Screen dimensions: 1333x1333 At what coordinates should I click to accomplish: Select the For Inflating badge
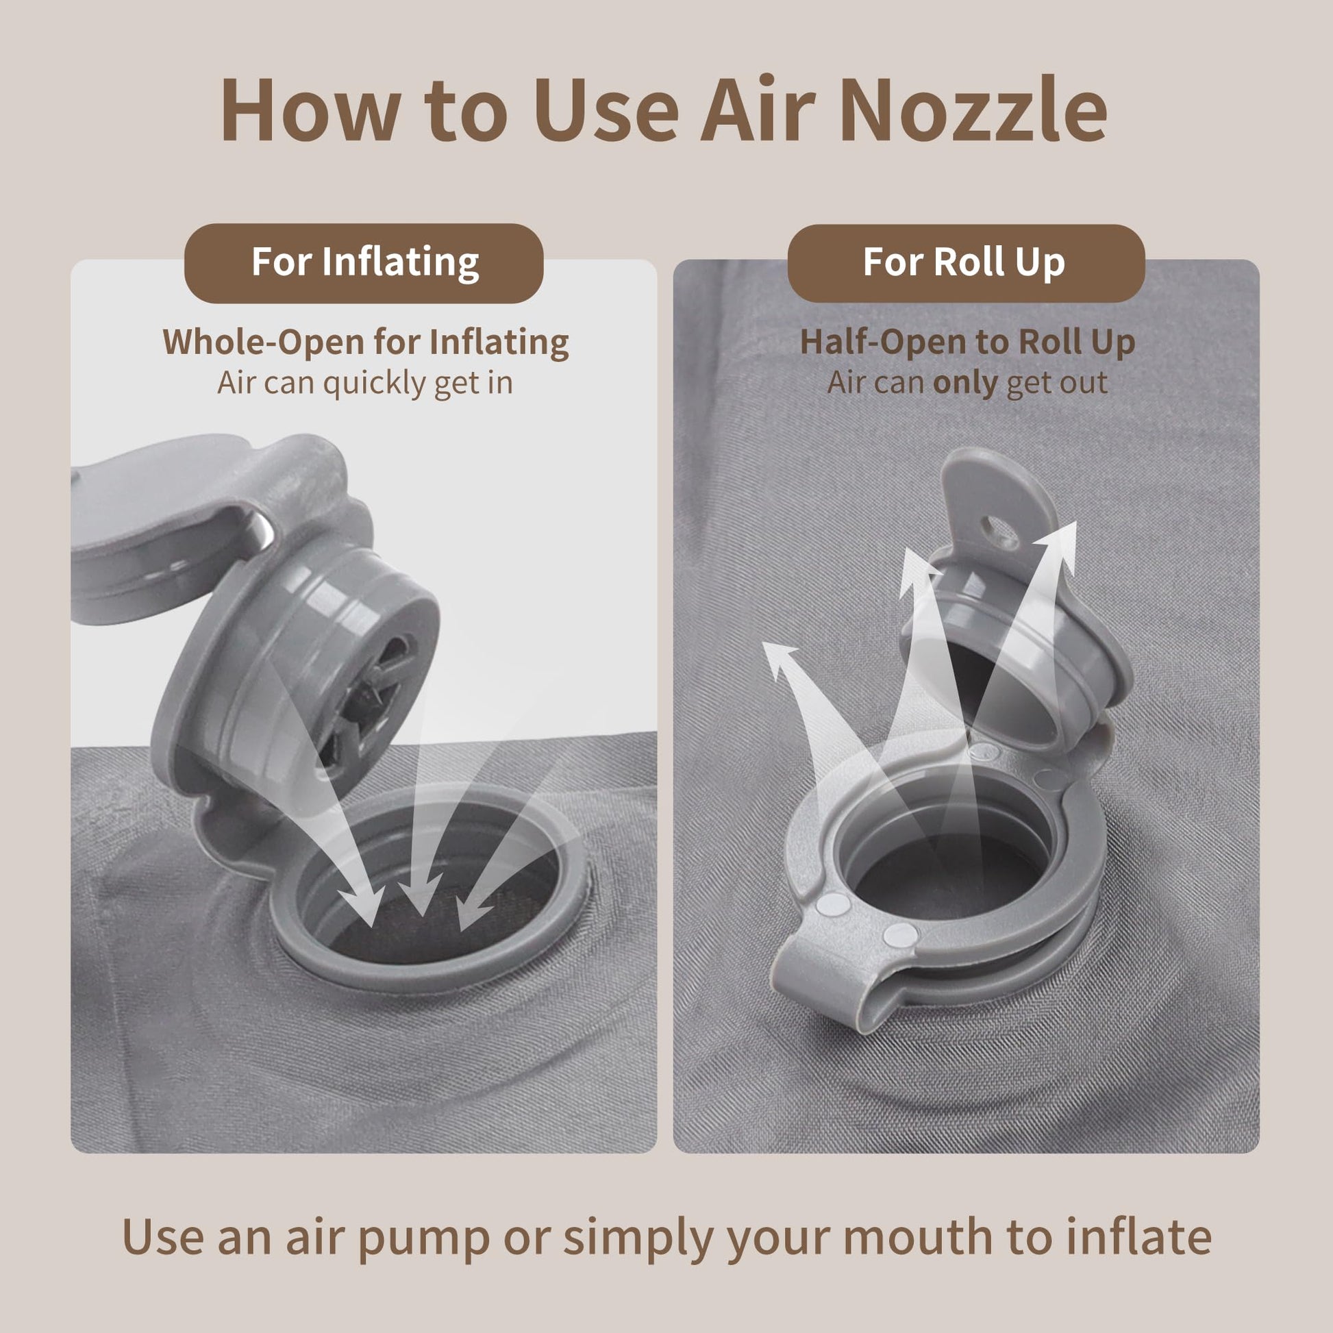[x=364, y=263]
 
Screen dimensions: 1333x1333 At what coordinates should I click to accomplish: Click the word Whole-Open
[x=263, y=342]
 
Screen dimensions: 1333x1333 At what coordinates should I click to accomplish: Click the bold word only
[x=964, y=383]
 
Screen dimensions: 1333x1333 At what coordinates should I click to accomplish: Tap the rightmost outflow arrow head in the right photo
[x=1056, y=546]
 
